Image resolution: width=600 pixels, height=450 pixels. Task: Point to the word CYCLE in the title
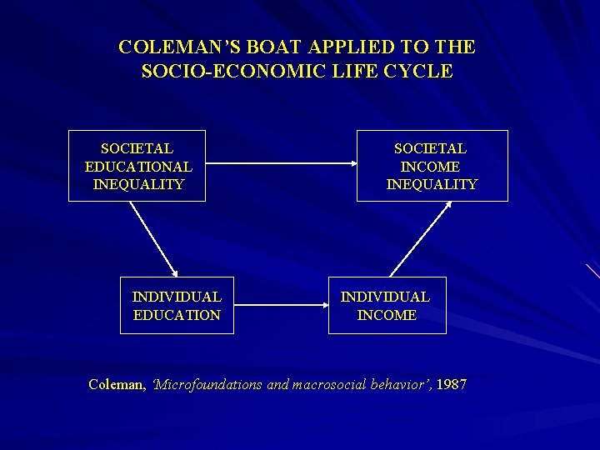(x=421, y=72)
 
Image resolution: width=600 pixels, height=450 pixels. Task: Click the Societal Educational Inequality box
(x=137, y=166)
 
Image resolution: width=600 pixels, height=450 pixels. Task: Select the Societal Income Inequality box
(x=432, y=166)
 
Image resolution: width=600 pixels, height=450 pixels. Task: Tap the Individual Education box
(x=177, y=305)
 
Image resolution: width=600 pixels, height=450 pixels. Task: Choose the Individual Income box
(x=387, y=305)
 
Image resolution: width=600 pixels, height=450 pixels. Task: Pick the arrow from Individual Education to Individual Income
(x=281, y=306)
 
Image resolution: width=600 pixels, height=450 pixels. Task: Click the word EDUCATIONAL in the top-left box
(x=138, y=167)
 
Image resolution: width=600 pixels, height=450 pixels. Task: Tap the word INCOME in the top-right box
(x=431, y=167)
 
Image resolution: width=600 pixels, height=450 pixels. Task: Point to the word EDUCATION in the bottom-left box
(x=177, y=315)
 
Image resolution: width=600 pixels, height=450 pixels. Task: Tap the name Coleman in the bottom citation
(x=116, y=385)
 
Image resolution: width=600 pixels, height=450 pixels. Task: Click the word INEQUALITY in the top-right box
(x=432, y=184)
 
